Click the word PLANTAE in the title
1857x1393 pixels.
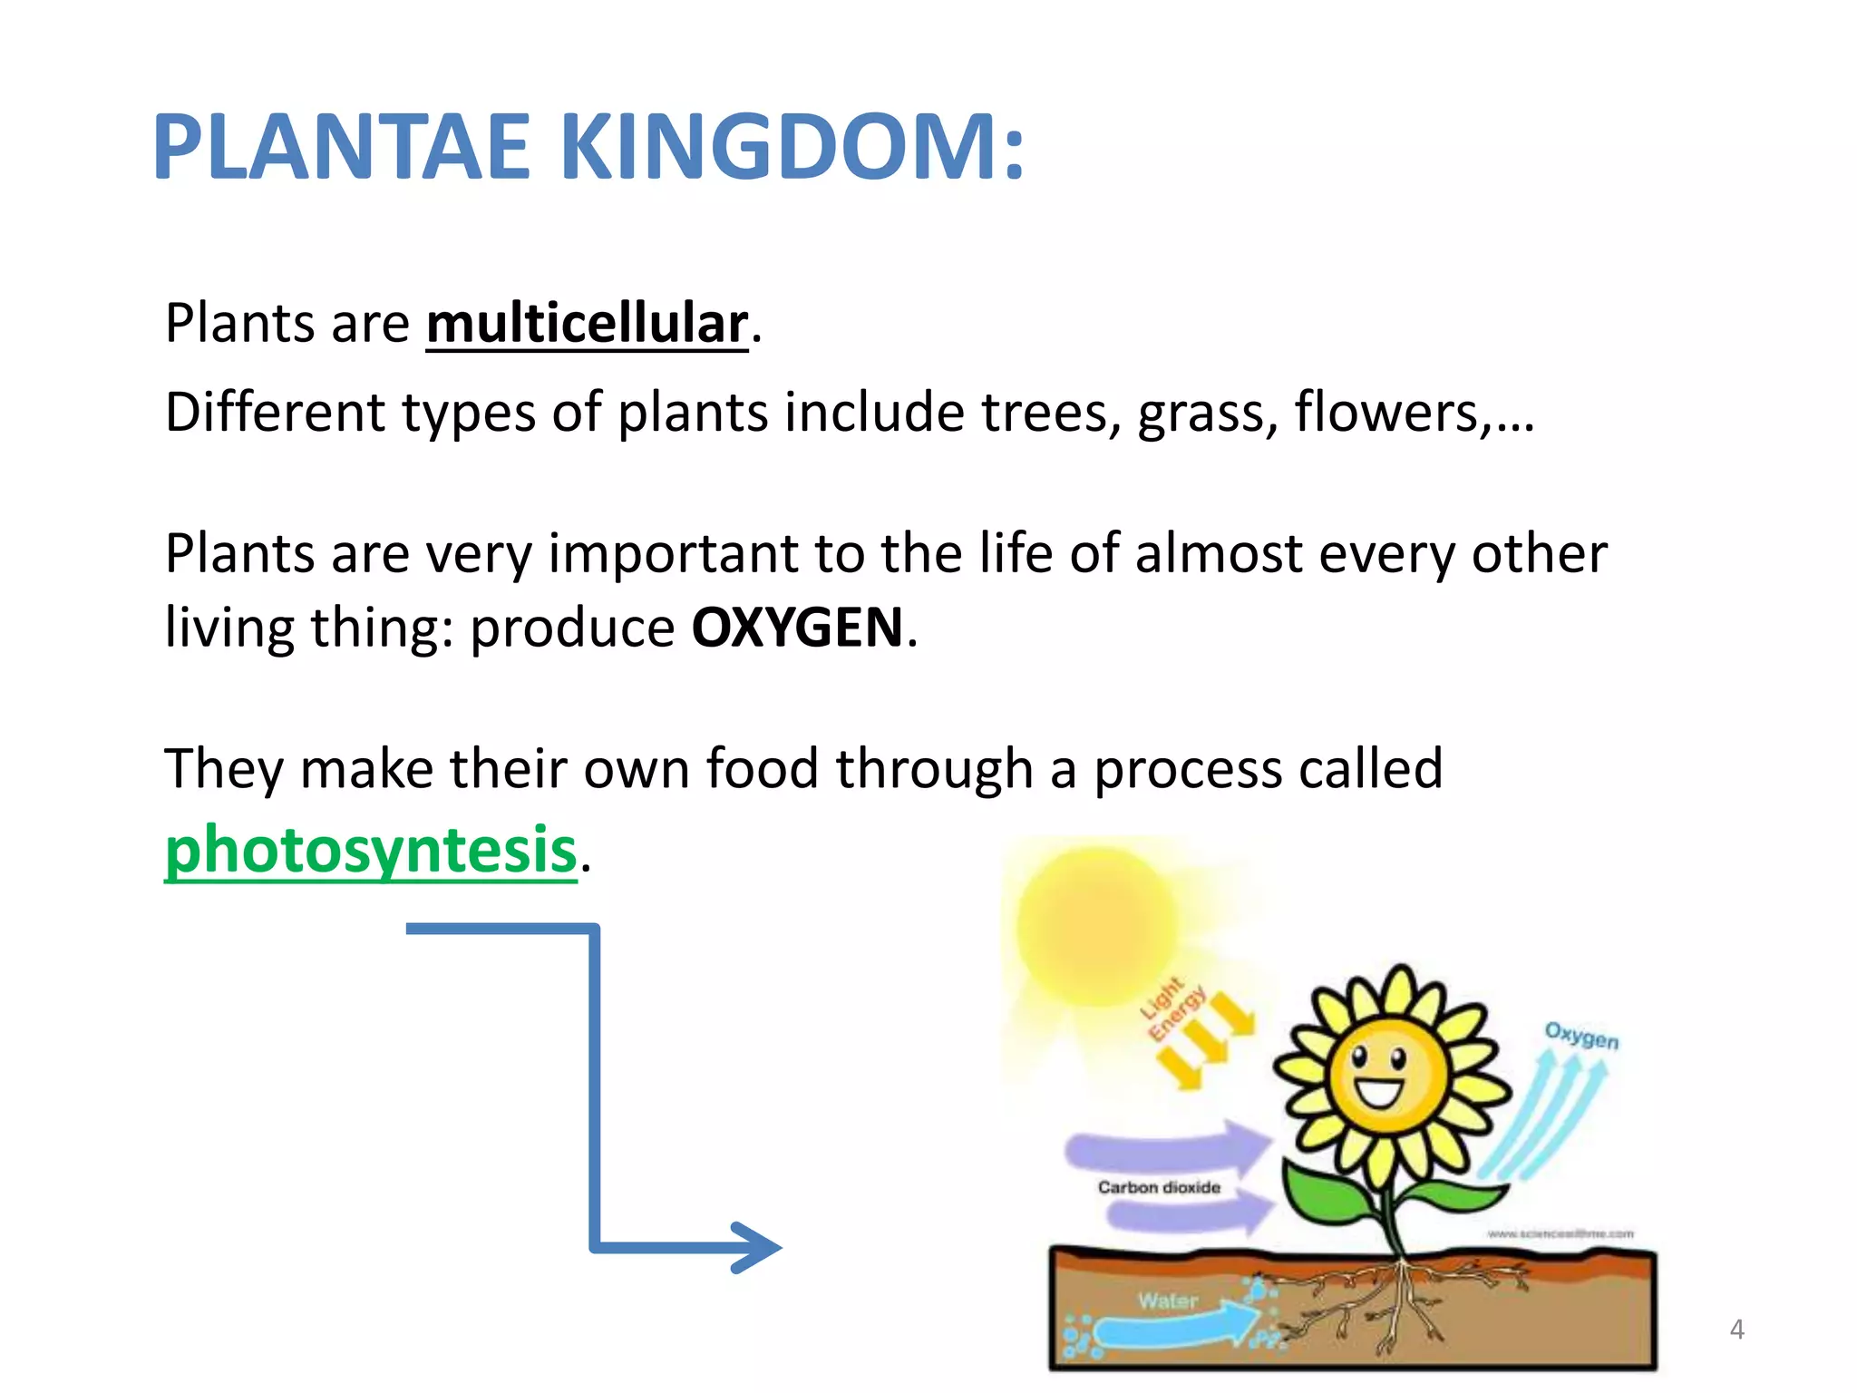341,148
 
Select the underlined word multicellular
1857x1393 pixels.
588,324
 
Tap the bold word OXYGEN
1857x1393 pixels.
798,628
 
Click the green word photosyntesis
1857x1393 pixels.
371,850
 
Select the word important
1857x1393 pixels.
674,554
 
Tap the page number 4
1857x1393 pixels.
1736,1330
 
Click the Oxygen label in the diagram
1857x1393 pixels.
1581,1035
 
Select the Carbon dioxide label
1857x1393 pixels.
1159,1187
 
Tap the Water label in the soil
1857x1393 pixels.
1168,1300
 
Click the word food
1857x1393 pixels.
763,769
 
